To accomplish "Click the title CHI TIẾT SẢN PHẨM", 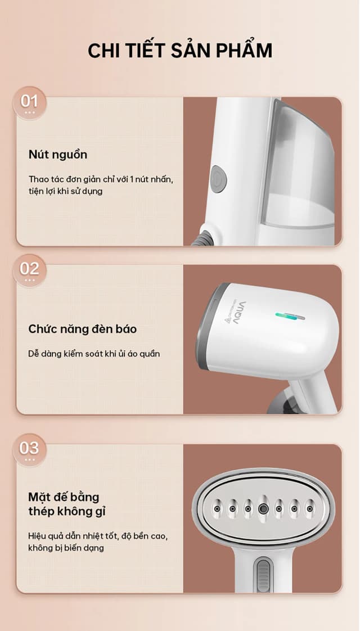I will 179,51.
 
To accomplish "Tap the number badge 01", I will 29,102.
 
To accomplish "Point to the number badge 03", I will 29,449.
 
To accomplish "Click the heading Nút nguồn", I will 58,155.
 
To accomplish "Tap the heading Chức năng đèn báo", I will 82,329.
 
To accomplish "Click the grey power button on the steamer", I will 218,178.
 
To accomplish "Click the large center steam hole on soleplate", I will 263,508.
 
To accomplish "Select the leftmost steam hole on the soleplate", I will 217,509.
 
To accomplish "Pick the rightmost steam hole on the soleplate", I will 309,509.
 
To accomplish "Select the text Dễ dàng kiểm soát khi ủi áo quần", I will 94,354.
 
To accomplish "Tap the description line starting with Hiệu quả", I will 98,535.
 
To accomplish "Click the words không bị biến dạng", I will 66,547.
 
